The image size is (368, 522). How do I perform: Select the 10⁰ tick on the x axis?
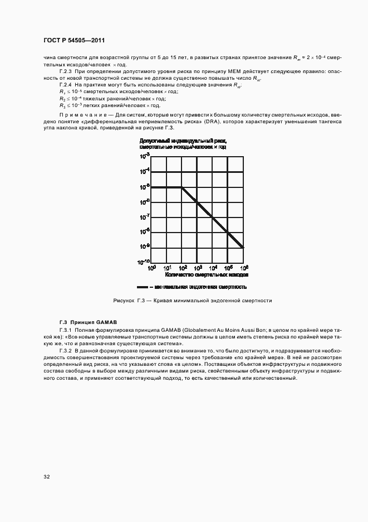coord(151,268)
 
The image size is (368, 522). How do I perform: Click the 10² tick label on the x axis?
coord(181,268)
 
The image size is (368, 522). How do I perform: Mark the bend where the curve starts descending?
coord(182,187)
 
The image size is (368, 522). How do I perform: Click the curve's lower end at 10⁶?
coord(243,247)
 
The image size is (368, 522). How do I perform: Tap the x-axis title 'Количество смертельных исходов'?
coord(207,275)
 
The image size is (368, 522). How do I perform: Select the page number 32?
coord(46,477)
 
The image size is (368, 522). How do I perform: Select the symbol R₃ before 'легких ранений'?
coord(62,105)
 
